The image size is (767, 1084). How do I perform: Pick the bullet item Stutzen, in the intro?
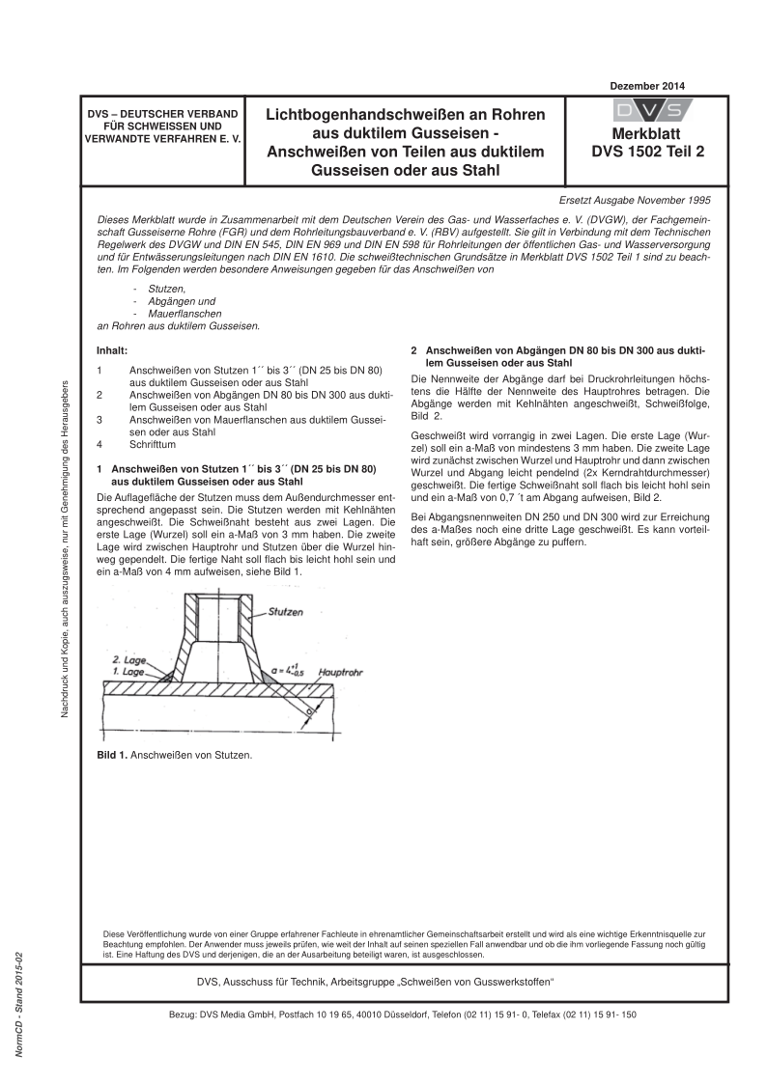(159, 288)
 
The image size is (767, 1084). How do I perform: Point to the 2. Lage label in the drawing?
(128, 660)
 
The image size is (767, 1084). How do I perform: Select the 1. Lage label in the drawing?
(128, 671)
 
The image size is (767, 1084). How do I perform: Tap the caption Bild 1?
(115, 755)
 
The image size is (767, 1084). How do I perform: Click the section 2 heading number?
(414, 349)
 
